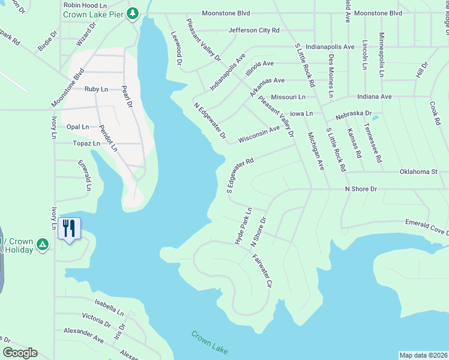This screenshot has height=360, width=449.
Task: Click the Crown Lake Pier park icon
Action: click(133, 13)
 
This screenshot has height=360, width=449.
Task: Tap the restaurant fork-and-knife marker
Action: click(69, 228)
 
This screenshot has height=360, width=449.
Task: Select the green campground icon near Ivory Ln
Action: click(42, 244)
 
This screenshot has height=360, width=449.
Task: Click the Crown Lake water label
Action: click(210, 342)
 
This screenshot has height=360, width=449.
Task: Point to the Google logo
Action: click(20, 353)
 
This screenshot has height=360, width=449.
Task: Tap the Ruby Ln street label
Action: click(96, 89)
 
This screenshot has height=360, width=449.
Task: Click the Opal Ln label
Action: click(77, 127)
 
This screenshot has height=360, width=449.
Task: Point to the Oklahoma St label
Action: click(418, 172)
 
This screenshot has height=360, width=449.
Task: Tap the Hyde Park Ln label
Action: click(243, 226)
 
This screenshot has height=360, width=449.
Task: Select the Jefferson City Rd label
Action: click(254, 30)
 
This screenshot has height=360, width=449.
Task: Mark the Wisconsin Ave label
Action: click(259, 134)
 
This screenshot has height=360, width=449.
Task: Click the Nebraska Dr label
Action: click(354, 113)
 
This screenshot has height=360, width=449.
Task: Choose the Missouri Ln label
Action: click(288, 97)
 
